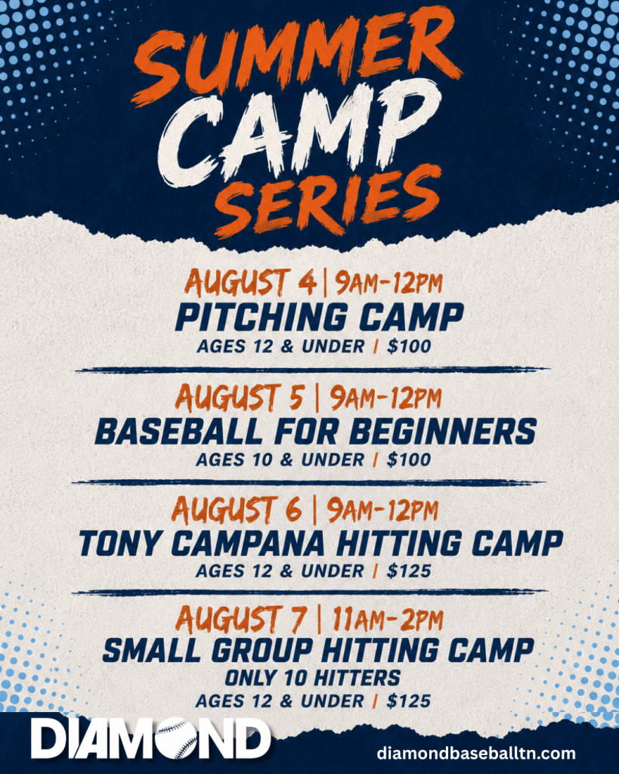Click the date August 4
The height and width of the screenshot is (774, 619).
coord(250,283)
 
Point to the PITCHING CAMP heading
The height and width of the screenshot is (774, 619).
coord(320,317)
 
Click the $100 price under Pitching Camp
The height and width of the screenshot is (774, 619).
coord(409,346)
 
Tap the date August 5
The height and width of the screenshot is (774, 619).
coord(240,398)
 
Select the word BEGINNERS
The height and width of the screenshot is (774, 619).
coord(443,431)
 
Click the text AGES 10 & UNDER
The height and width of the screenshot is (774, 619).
coord(280,460)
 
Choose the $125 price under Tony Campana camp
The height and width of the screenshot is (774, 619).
coord(409,571)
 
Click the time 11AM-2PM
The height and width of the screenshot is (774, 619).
coord(388,620)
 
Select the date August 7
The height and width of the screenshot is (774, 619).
coord(241,620)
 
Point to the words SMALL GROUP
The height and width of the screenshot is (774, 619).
coord(208,650)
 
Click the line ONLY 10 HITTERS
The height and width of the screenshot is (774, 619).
coord(312,678)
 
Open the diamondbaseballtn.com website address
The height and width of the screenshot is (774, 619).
coord(476,753)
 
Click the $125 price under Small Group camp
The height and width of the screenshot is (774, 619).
coord(409,701)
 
